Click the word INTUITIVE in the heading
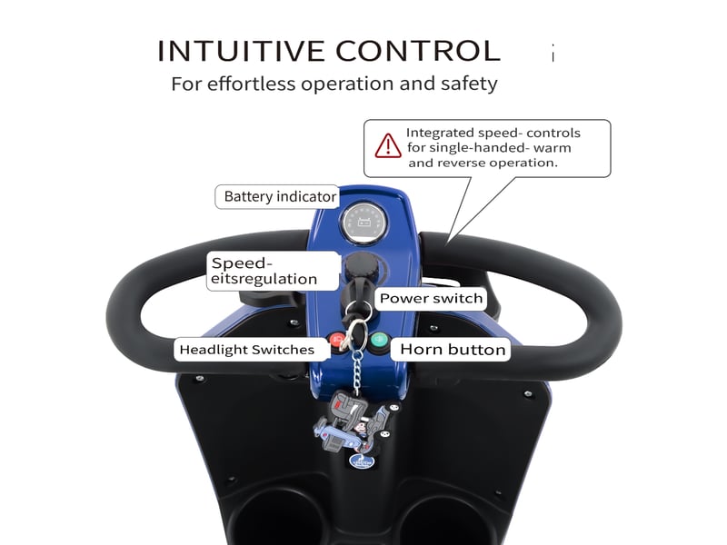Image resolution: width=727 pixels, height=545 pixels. pos(241,51)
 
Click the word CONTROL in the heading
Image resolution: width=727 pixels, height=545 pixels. pos(418,51)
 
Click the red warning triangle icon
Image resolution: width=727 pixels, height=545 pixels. pos(388,145)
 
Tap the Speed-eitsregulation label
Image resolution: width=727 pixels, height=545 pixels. pos(273,271)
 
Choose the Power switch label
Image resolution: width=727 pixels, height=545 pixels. pos(431,298)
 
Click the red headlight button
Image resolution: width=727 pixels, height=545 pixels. pos(337,341)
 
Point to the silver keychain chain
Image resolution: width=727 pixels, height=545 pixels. pos(357,372)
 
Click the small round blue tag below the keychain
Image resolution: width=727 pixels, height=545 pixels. pos(362,461)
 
